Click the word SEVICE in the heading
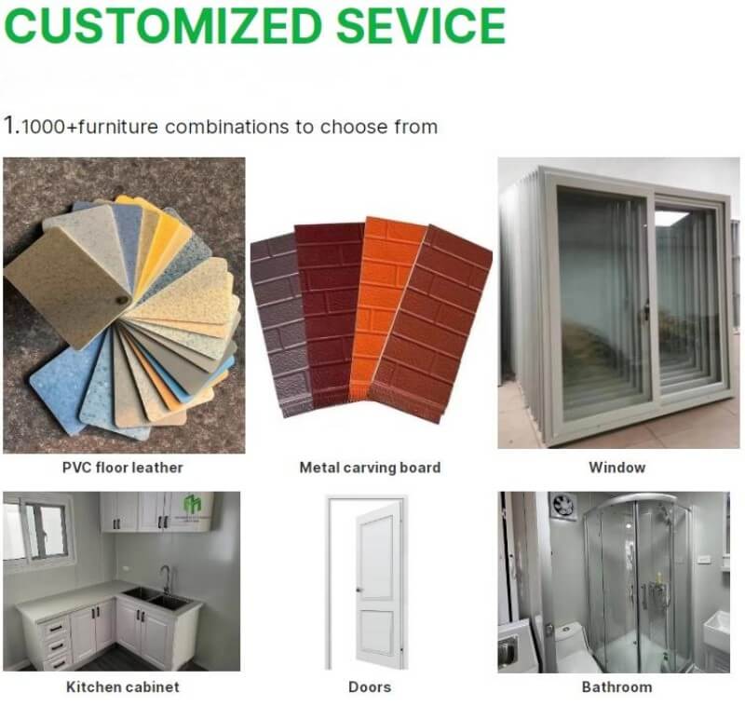tap(421, 25)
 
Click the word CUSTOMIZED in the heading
tap(161, 25)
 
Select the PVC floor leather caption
tap(123, 468)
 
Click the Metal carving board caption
tap(370, 468)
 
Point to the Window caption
tap(617, 468)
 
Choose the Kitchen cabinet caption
tap(123, 687)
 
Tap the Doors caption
tap(370, 687)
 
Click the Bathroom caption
tap(617, 687)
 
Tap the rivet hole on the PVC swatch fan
tap(122, 300)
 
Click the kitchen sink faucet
tap(165, 578)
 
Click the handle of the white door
tap(359, 591)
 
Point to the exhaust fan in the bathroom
tap(564, 507)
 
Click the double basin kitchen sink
tap(156, 598)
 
